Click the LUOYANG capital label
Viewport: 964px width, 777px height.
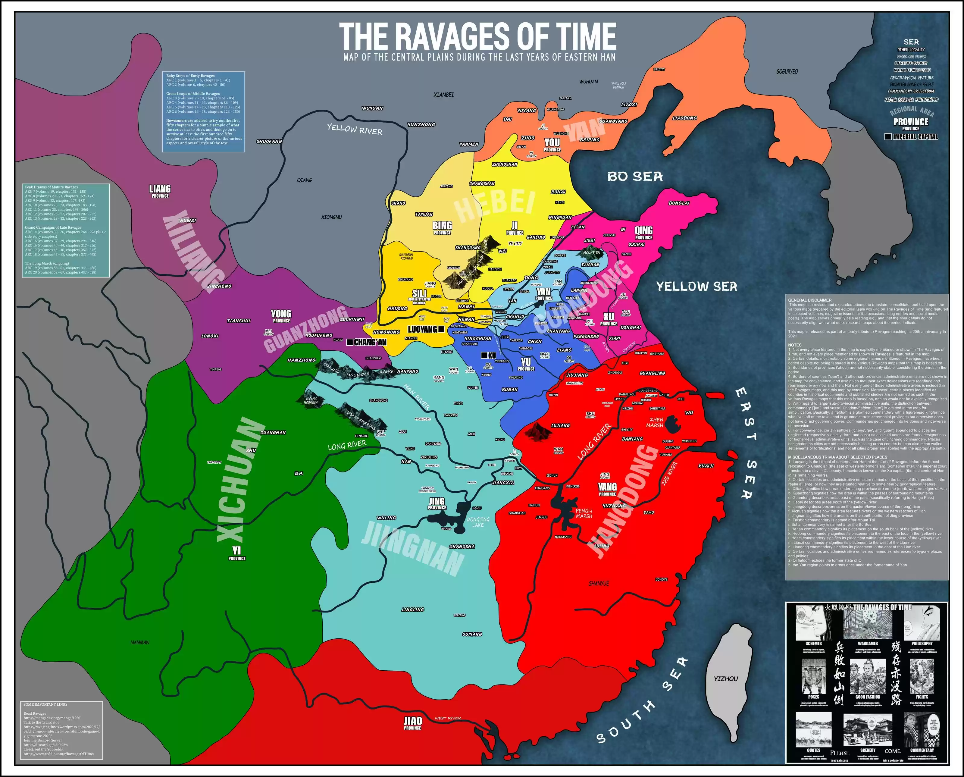[x=422, y=329]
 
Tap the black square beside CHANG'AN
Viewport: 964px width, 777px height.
[x=349, y=342]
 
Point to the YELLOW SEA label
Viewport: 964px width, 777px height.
[x=696, y=287]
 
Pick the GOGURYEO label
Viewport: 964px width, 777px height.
[x=787, y=72]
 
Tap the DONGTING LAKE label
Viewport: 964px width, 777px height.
[x=478, y=522]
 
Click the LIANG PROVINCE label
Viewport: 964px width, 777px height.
[x=160, y=191]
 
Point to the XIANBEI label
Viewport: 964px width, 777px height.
[x=443, y=95]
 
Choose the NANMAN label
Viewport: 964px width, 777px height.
[x=140, y=642]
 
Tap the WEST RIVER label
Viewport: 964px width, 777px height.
[x=448, y=718]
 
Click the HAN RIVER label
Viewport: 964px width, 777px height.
[x=417, y=396]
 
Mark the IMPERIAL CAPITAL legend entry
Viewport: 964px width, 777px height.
[x=915, y=136]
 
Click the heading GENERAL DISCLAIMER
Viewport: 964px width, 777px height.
[x=809, y=300]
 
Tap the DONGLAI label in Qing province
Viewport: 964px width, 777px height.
[x=679, y=203]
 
